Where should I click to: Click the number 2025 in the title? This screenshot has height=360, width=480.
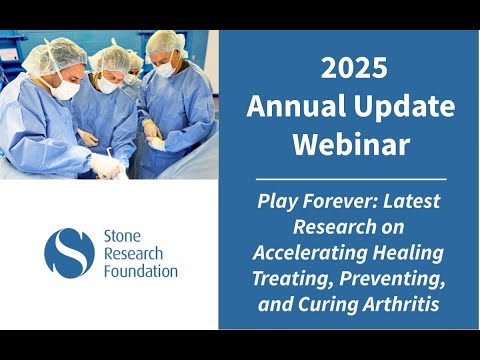[x=354, y=68]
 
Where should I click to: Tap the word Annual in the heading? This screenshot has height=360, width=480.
[x=296, y=106]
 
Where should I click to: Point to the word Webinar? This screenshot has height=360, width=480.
[x=351, y=144]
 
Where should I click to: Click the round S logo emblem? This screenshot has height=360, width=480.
[x=69, y=253]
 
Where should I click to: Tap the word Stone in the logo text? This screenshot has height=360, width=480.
[x=122, y=236]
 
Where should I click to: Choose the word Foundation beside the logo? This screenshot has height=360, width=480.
[x=141, y=271]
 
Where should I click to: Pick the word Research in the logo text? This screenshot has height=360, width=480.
[x=133, y=254]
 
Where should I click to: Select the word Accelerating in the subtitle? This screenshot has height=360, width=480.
[x=310, y=253]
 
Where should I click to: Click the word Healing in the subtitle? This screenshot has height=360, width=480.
[x=408, y=253]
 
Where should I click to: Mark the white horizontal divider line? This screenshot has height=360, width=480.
[x=351, y=179]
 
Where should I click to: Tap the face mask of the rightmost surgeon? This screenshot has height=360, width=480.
[x=166, y=69]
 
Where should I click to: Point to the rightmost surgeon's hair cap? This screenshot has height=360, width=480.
[x=166, y=42]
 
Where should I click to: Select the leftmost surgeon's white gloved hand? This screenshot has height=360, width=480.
[x=105, y=165]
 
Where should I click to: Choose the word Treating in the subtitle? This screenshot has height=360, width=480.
[x=293, y=279]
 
